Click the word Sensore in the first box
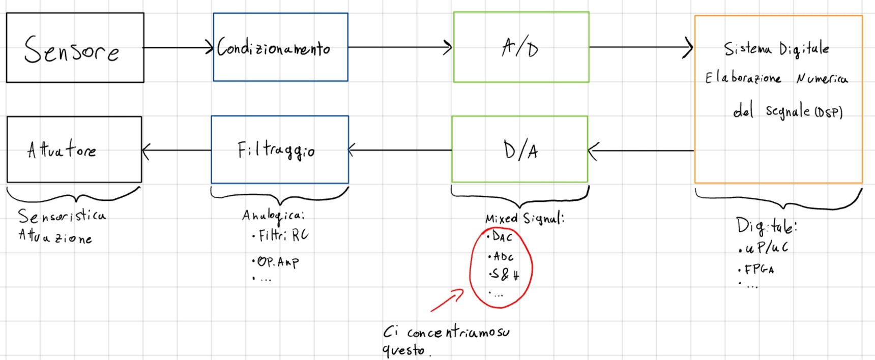71,50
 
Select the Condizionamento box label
274,48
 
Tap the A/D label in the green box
519,48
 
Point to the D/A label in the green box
520,150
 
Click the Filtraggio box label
276,150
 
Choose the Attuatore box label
62,149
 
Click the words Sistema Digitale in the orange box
776,49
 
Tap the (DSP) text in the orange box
829,112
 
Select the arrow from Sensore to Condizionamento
178,48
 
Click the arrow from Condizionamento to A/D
400,48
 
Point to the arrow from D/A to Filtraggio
400,150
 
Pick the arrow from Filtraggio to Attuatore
176,151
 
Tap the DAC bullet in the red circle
500,237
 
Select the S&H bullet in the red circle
504,275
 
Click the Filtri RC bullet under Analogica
281,235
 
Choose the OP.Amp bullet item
276,262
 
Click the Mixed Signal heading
524,219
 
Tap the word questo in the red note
403,350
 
